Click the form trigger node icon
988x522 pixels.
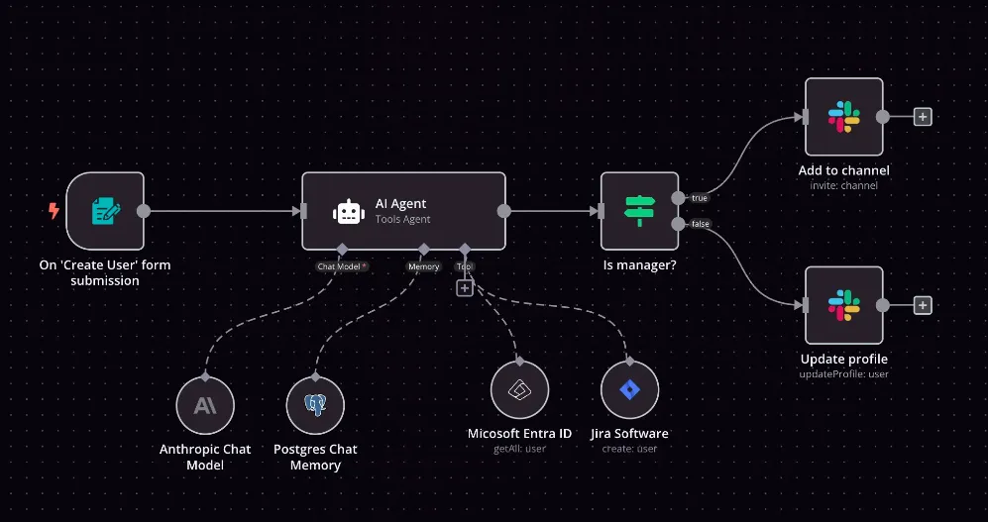point(105,211)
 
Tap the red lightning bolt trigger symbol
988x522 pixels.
point(54,210)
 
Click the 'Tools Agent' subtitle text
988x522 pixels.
point(402,220)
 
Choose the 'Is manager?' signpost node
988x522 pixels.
point(639,211)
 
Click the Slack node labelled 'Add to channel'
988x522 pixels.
point(843,117)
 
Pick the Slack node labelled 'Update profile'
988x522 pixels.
point(843,305)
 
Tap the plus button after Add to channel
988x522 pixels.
point(923,117)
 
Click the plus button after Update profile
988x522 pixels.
point(923,305)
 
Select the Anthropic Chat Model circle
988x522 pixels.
point(205,404)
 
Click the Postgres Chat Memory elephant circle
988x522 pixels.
point(315,404)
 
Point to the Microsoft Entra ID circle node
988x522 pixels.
point(519,390)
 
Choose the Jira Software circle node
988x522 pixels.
point(629,390)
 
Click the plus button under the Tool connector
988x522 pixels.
point(464,287)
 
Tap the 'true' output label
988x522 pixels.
point(700,198)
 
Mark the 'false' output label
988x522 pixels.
point(701,225)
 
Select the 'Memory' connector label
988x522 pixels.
point(423,266)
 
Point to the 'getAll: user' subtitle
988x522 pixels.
point(519,449)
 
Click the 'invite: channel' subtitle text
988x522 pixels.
point(843,185)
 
